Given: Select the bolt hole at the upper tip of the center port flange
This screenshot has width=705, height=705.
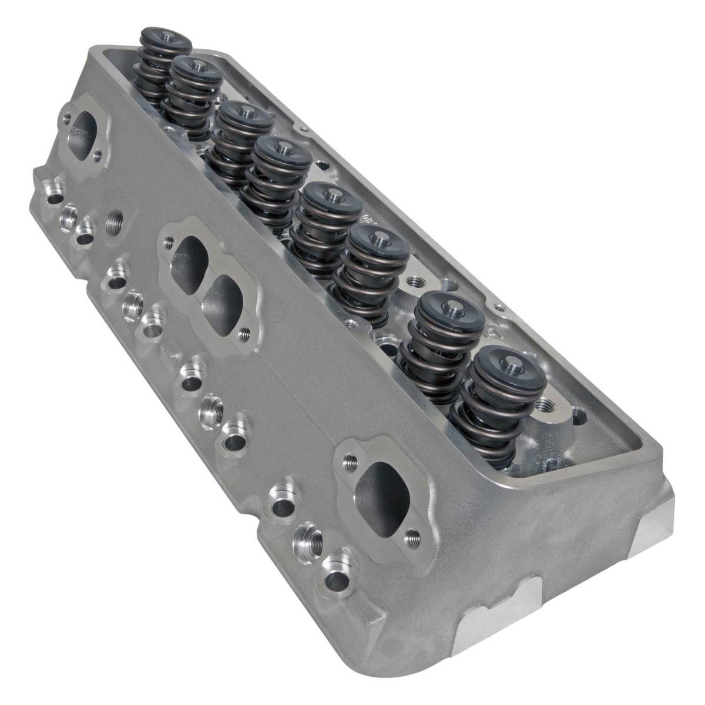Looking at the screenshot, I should pyautogui.click(x=170, y=240).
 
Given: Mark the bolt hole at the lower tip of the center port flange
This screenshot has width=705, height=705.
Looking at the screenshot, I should pyautogui.click(x=245, y=334).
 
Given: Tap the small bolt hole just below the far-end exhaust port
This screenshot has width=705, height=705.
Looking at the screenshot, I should pyautogui.click(x=98, y=155).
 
